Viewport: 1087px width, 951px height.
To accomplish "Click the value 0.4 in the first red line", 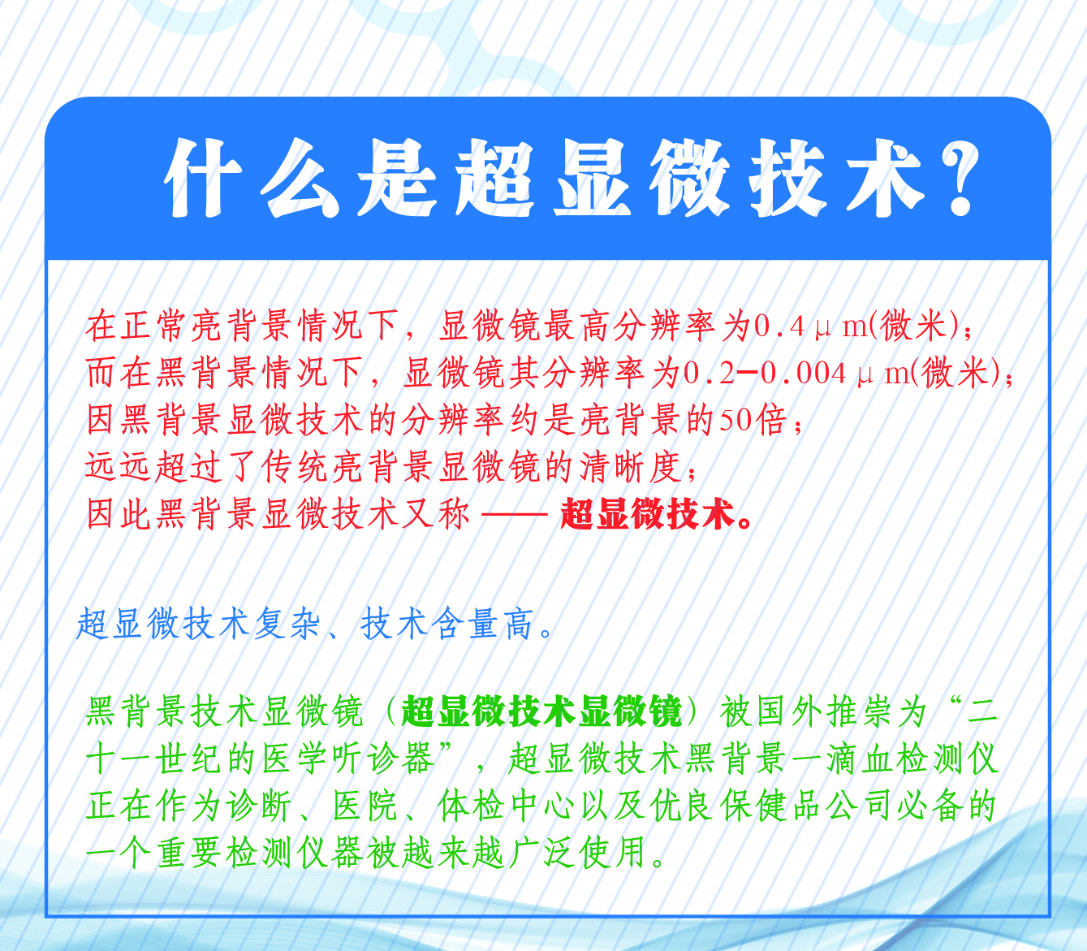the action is [x=779, y=325].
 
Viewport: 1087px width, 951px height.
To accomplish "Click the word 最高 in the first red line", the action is [x=576, y=325].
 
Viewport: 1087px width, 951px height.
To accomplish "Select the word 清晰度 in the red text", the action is [x=631, y=467].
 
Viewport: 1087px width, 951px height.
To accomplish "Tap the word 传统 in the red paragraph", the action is [x=294, y=467].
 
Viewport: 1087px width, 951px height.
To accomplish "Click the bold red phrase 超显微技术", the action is [x=648, y=514].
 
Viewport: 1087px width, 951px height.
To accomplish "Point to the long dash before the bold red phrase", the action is [x=514, y=514].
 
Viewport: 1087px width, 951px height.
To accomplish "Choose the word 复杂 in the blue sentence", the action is [x=287, y=623].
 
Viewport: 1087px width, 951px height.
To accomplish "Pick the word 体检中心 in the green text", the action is [x=507, y=806].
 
